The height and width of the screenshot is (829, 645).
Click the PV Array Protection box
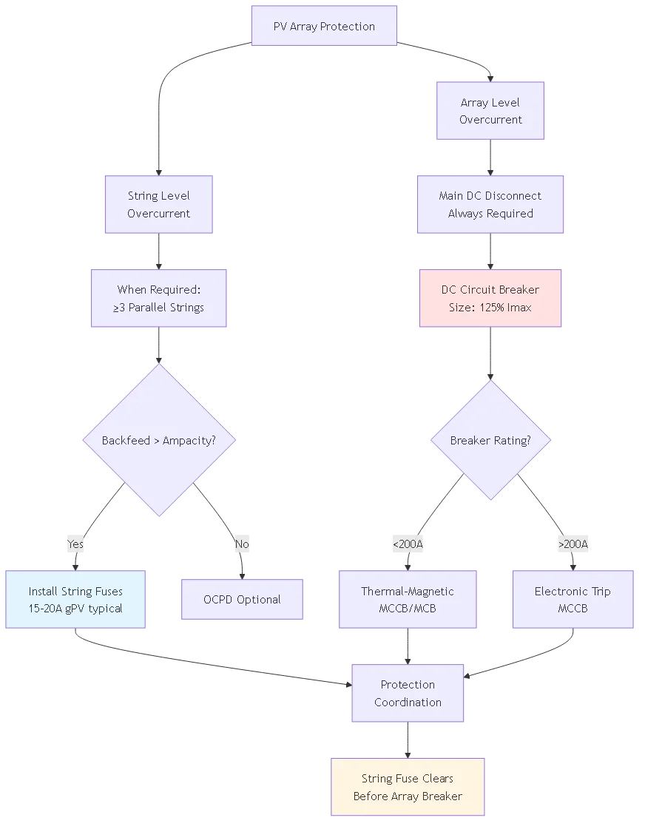pyautogui.click(x=324, y=27)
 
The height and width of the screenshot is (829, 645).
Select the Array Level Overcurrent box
pyautogui.click(x=490, y=111)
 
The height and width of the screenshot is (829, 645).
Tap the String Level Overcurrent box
pyautogui.click(x=158, y=205)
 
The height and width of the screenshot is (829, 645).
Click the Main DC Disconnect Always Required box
pyautogui.click(x=490, y=205)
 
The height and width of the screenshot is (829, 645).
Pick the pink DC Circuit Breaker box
pyautogui.click(x=490, y=298)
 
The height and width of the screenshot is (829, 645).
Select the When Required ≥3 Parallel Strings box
pyautogui.click(x=158, y=298)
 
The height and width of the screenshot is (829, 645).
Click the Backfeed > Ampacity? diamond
pyautogui.click(x=158, y=441)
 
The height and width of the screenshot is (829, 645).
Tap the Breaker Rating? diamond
pyautogui.click(x=490, y=441)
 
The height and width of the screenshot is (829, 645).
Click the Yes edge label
pyautogui.click(x=75, y=545)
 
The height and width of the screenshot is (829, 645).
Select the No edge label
pyautogui.click(x=242, y=545)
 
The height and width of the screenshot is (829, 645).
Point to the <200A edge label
pyautogui.click(x=408, y=545)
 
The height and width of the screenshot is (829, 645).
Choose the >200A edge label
pyautogui.click(x=573, y=545)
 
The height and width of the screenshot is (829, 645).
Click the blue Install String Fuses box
pyautogui.click(x=75, y=600)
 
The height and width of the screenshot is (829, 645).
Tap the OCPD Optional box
pyautogui.click(x=242, y=600)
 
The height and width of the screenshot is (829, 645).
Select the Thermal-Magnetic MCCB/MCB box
pyautogui.click(x=408, y=600)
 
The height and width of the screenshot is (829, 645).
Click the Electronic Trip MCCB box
pyautogui.click(x=573, y=600)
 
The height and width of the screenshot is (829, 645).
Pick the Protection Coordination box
pyautogui.click(x=408, y=694)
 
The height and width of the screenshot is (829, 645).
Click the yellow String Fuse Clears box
pyautogui.click(x=408, y=787)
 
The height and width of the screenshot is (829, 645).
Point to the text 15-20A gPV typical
pyautogui.click(x=75, y=609)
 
